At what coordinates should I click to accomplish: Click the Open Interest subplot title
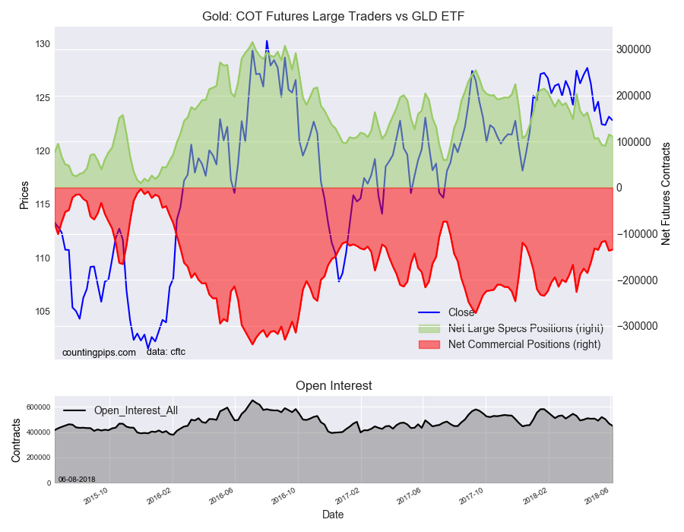pos(334,385)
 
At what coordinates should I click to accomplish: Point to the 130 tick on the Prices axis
pos(42,44)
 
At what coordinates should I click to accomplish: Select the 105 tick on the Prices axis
pos(42,312)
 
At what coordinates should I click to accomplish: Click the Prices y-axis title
pos(24,195)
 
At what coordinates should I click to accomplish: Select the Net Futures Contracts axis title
pos(666,193)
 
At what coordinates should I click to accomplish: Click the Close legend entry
pos(461,312)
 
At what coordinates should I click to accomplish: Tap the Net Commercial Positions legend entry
pos(524,344)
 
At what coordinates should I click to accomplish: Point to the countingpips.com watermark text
pos(99,352)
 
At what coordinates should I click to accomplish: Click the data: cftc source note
pos(166,351)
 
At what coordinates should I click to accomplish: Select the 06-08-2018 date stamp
pos(76,479)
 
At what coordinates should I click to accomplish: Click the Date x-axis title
pos(333,515)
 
